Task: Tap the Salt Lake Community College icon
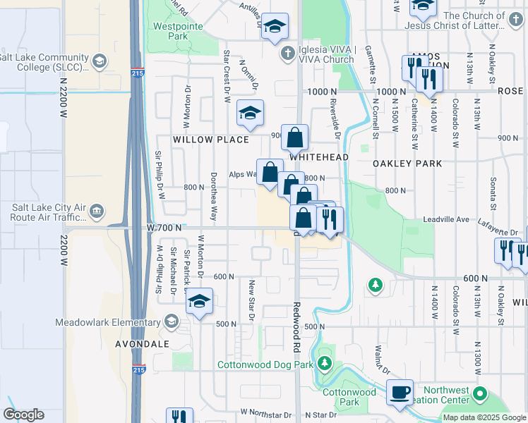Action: coord(100,61)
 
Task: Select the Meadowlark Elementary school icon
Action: coord(171,322)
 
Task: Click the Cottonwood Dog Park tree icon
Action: coord(324,364)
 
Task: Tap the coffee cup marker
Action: coord(400,392)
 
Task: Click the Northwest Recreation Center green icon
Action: coord(481,393)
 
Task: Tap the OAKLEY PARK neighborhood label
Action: coord(407,164)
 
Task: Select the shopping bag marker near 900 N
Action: coord(295,136)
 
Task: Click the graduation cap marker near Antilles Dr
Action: coord(275,26)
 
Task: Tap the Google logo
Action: coord(23,415)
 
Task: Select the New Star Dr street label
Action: coord(251,299)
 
